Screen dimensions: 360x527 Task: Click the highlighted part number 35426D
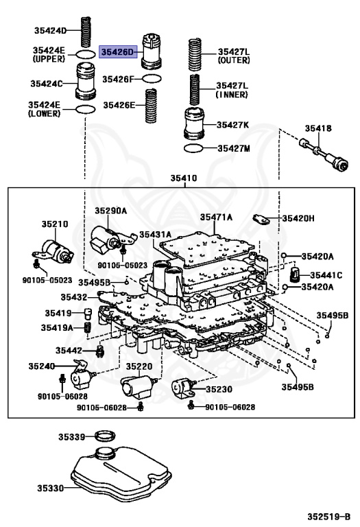click(x=118, y=52)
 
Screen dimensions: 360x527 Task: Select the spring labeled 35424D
click(x=86, y=32)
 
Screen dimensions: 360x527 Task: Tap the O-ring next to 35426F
click(x=152, y=79)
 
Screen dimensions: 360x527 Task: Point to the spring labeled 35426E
click(x=151, y=106)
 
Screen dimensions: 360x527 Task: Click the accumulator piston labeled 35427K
click(x=195, y=124)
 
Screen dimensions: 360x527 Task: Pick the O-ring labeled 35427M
click(x=194, y=148)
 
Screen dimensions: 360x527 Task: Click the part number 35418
click(x=318, y=128)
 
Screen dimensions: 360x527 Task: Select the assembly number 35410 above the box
click(x=184, y=178)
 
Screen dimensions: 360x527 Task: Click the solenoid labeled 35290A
click(x=111, y=238)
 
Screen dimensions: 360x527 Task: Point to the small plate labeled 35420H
click(x=261, y=220)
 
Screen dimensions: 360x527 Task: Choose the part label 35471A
click(x=216, y=217)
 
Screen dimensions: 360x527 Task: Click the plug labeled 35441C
click(x=295, y=275)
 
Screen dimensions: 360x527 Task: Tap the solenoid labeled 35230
click(x=183, y=389)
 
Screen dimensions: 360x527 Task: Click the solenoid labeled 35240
click(x=82, y=375)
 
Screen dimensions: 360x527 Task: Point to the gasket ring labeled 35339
click(x=105, y=436)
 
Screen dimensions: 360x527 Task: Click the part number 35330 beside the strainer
click(x=50, y=489)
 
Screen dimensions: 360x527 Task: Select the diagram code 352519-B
click(x=328, y=517)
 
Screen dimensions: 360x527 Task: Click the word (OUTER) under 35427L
click(x=234, y=60)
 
